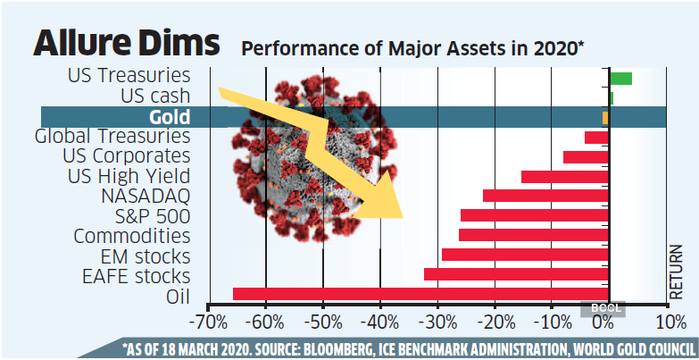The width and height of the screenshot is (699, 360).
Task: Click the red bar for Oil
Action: [x=420, y=294]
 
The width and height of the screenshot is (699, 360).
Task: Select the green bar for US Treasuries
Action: [x=620, y=78]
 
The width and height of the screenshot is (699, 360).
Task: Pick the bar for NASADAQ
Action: [x=545, y=196]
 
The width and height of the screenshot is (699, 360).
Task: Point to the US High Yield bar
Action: [x=564, y=176]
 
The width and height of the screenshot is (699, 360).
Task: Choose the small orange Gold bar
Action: [x=605, y=117]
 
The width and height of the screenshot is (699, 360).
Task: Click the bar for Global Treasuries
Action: [x=596, y=137]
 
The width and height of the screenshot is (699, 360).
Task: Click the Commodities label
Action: [x=132, y=236]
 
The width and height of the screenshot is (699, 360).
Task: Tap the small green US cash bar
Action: [x=611, y=97]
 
